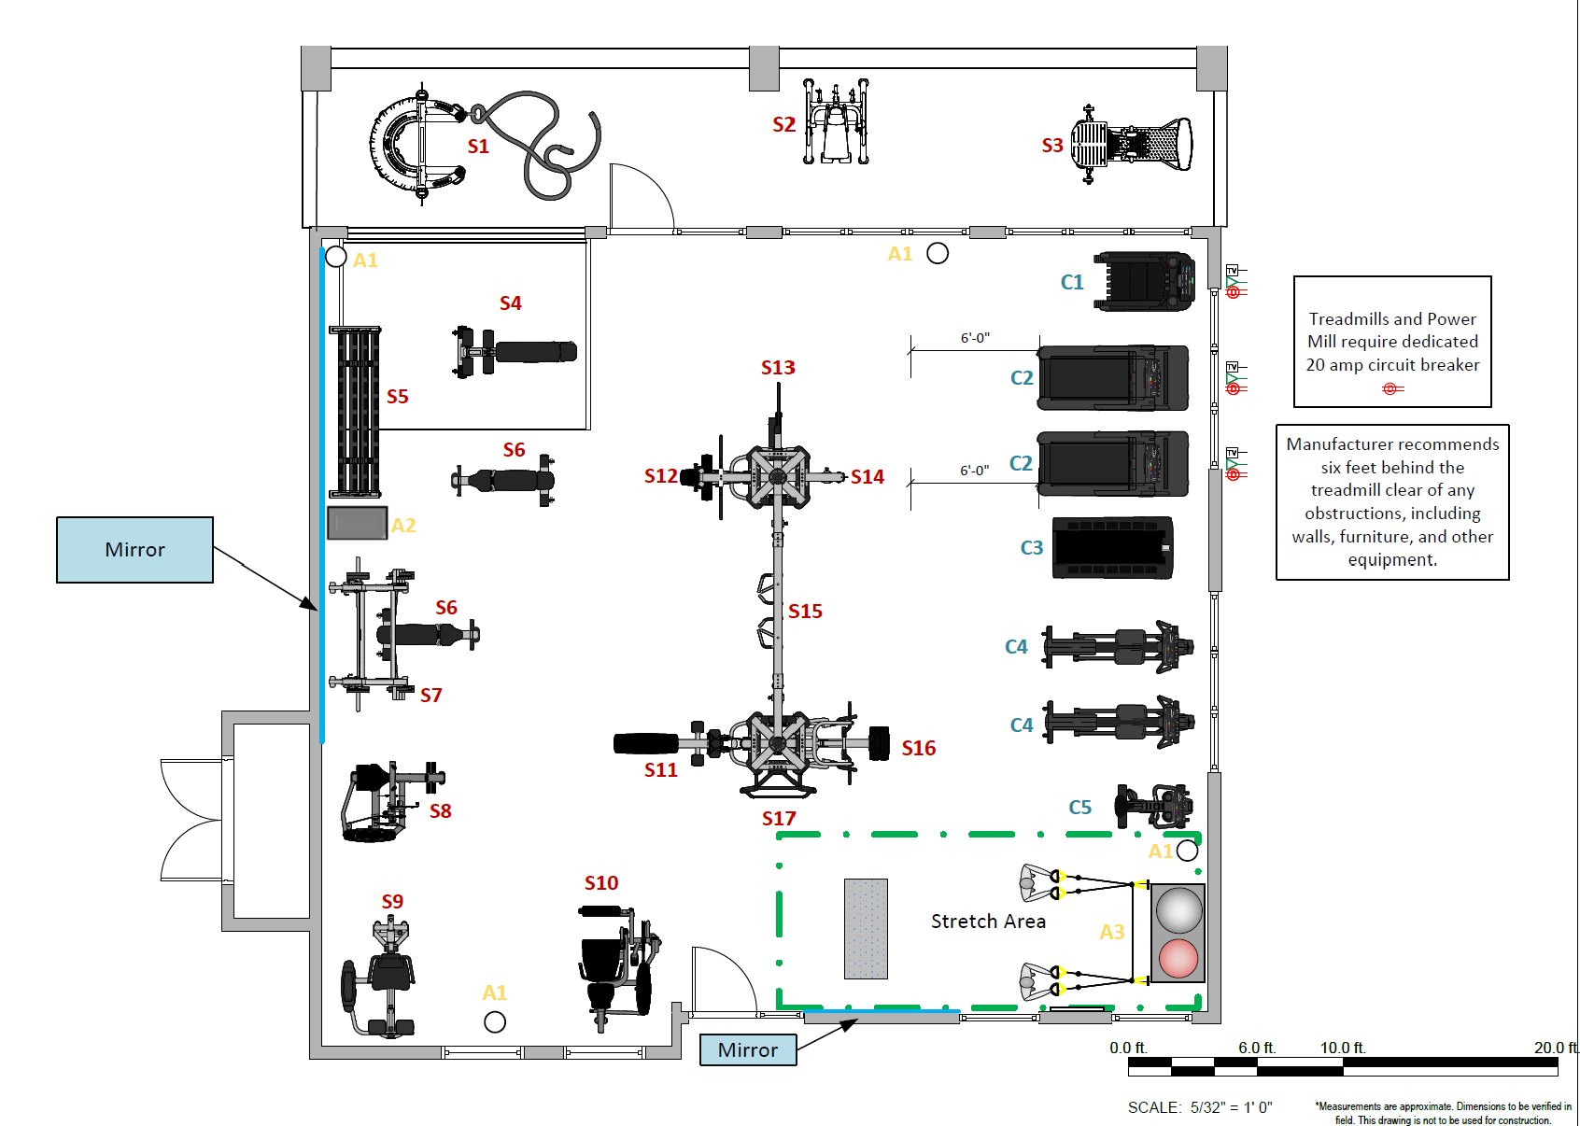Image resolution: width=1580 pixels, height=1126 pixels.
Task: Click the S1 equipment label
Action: (x=478, y=147)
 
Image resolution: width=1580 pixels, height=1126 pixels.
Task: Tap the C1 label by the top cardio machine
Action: (x=1072, y=282)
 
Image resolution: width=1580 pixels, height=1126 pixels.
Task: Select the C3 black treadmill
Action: (x=1112, y=548)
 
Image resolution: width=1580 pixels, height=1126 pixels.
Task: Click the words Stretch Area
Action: (x=988, y=922)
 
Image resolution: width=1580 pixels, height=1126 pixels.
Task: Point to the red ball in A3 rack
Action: (x=1178, y=958)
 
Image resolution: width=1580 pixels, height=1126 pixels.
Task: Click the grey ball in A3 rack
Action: (x=1178, y=910)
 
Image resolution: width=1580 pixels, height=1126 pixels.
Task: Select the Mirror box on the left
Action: (x=134, y=550)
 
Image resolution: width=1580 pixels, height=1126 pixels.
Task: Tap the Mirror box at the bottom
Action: (x=748, y=1050)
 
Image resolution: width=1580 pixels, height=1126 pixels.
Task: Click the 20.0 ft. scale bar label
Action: (x=1555, y=1048)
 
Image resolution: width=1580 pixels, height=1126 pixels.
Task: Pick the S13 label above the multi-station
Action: (x=778, y=368)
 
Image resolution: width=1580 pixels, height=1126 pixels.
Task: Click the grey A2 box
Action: (x=358, y=524)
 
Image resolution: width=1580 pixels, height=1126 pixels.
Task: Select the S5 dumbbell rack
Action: (x=355, y=412)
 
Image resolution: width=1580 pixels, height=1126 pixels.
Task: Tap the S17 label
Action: (x=779, y=819)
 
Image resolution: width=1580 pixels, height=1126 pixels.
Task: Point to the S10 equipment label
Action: (x=601, y=883)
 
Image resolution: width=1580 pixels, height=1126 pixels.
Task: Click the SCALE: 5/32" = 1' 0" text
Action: (x=1200, y=1107)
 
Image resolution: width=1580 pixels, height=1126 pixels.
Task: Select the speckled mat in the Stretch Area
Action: (x=866, y=928)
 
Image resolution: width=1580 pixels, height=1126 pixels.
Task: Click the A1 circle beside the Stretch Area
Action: (x=1187, y=851)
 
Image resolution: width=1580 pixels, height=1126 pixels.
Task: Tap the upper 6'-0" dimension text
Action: (x=975, y=338)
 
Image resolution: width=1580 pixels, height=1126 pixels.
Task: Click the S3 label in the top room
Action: (x=1052, y=146)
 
